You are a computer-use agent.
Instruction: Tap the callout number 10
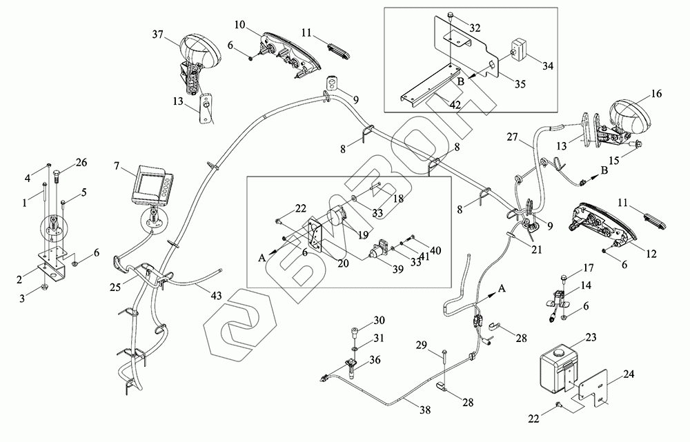[x=239, y=26]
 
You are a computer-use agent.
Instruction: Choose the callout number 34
[x=548, y=66]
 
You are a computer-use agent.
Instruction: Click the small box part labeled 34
[x=519, y=50]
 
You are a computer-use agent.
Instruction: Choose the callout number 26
[x=82, y=163]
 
